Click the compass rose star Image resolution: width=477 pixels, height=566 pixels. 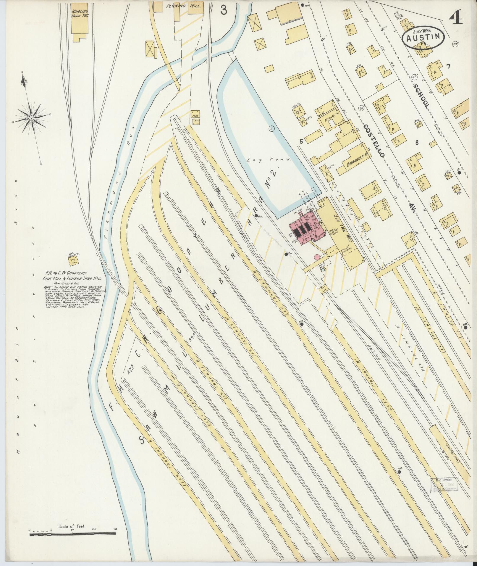click(32, 118)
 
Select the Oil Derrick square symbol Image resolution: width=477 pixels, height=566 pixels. click(73, 261)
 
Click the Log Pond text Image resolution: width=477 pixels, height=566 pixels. click(269, 159)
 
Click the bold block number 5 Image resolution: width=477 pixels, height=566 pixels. click(301, 141)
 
